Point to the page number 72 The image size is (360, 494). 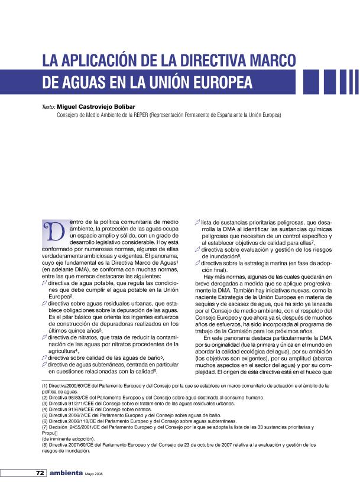tap(40, 473)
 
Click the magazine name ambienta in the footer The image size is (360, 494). tap(66, 473)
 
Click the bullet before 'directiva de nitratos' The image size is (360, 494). tap(44, 337)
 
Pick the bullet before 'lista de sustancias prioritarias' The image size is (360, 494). tap(198, 222)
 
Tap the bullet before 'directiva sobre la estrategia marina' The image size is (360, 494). tap(198, 262)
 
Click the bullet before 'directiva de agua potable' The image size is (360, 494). tap(44, 283)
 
